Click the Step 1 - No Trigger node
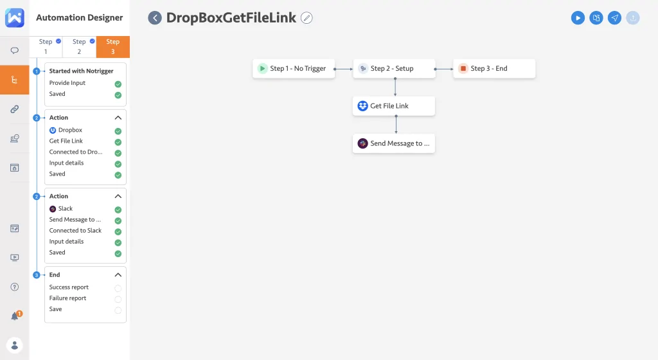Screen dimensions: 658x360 point(294,69)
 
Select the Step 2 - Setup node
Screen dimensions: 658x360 point(394,69)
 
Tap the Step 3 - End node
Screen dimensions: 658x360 point(494,69)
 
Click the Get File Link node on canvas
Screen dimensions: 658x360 point(394,106)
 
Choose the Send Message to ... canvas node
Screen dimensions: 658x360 point(394,143)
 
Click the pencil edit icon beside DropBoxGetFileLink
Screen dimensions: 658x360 point(307,18)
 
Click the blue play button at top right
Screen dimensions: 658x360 point(578,18)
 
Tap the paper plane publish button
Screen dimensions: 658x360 point(615,18)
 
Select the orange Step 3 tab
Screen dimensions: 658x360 point(113,46)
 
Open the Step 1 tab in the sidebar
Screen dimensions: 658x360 point(46,46)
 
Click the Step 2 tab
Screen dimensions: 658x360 point(79,46)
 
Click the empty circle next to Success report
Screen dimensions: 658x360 point(118,288)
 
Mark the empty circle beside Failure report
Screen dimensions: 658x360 point(118,299)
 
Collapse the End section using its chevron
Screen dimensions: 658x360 point(118,274)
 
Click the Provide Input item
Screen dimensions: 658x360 point(67,83)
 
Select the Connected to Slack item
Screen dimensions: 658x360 point(75,230)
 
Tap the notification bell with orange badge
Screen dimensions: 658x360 point(15,316)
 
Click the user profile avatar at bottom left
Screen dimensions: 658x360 point(15,345)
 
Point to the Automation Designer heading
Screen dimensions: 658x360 point(80,18)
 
